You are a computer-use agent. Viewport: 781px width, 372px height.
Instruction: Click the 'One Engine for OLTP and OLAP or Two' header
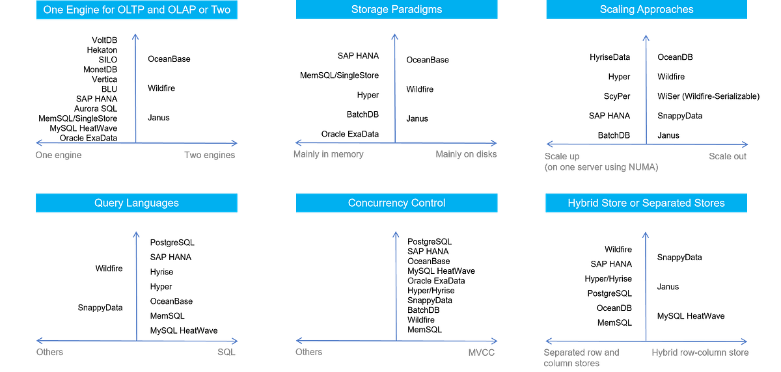pyautogui.click(x=137, y=10)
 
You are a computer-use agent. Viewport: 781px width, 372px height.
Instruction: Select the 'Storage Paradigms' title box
pyautogui.click(x=396, y=10)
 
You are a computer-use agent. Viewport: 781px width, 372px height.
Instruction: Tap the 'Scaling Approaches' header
pyautogui.click(x=646, y=10)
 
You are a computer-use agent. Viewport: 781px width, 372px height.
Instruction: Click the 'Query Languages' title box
pyautogui.click(x=137, y=203)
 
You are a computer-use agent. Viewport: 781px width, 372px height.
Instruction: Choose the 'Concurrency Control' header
pyautogui.click(x=396, y=203)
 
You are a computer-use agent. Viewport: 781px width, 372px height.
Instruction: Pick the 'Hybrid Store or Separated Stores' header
pyautogui.click(x=646, y=203)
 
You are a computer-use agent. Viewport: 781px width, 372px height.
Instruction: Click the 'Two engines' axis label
pyautogui.click(x=210, y=155)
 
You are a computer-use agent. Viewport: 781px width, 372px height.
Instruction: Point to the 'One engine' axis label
pyautogui.click(x=59, y=155)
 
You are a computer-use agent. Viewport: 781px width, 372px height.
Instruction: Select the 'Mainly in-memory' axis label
pyautogui.click(x=328, y=155)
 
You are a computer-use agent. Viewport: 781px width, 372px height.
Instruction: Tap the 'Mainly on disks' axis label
pyautogui.click(x=466, y=155)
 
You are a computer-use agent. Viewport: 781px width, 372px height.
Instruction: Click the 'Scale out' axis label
pyautogui.click(x=728, y=156)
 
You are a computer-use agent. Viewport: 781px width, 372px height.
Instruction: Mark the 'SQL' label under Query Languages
pyautogui.click(x=226, y=352)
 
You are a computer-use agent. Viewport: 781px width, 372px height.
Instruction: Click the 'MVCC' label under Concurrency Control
pyautogui.click(x=481, y=352)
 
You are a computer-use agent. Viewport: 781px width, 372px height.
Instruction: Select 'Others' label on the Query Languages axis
pyautogui.click(x=49, y=352)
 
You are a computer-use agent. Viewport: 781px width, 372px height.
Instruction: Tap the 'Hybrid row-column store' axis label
pyautogui.click(x=700, y=352)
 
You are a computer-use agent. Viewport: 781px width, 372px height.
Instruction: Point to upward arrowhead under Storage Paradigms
pyautogui.click(x=394, y=36)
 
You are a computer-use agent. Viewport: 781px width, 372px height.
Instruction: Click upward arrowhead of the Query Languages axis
pyautogui.click(x=135, y=233)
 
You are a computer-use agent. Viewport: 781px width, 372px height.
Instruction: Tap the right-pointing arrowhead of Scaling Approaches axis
pyautogui.click(x=745, y=144)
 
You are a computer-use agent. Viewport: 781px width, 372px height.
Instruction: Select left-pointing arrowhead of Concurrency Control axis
pyautogui.click(x=299, y=340)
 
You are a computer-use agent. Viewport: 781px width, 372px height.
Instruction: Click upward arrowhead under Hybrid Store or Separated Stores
pyautogui.click(x=645, y=233)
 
